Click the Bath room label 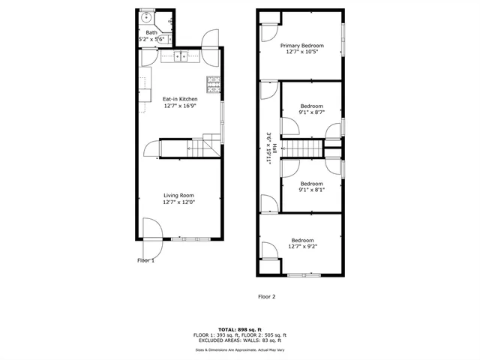pos(151,33)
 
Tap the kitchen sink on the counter pos(182,55)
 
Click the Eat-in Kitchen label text pos(180,99)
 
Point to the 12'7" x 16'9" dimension pos(180,106)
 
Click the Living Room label pos(180,196)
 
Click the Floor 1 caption pos(145,261)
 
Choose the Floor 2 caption pos(267,297)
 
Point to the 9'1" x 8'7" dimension pos(311,113)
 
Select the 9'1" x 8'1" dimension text pos(311,190)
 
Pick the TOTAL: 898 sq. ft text pos(240,329)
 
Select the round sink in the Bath pos(146,19)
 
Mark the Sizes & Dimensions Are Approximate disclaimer pos(240,349)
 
